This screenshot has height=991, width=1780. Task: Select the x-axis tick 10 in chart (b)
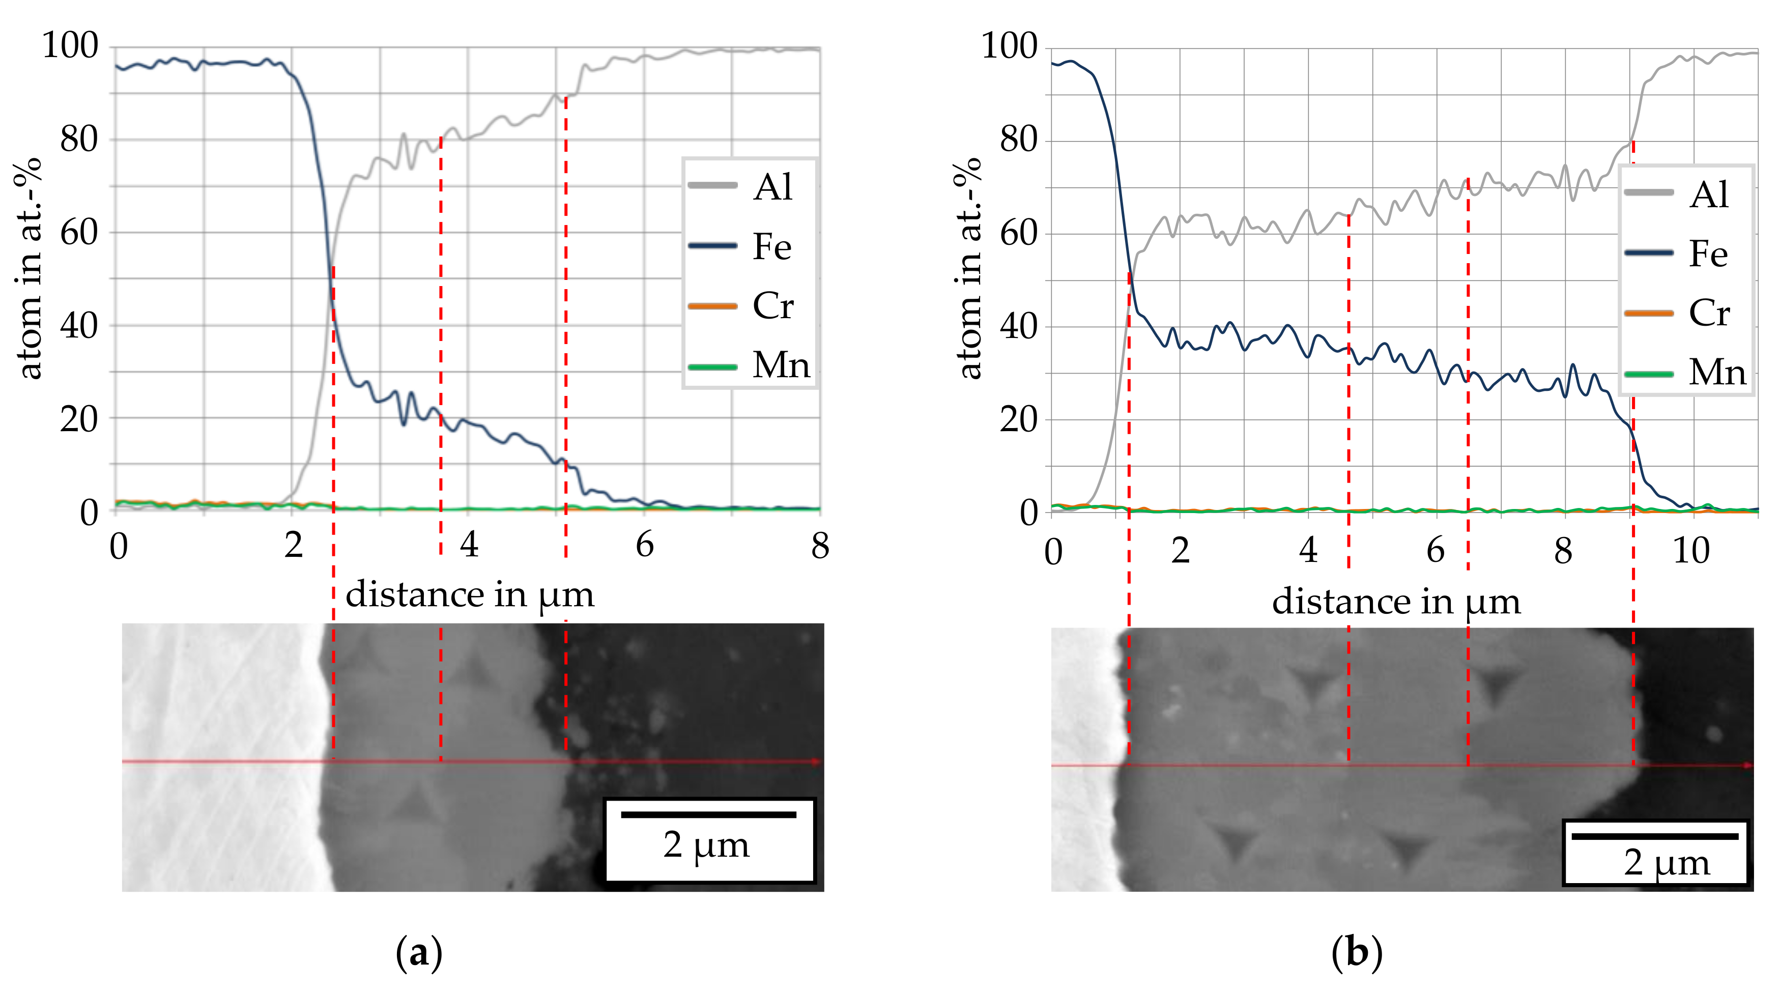(x=1691, y=551)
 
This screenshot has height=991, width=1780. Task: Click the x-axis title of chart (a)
(x=469, y=594)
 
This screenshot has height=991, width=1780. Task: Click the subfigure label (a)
(x=419, y=954)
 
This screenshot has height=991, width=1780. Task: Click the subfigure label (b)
(x=1357, y=954)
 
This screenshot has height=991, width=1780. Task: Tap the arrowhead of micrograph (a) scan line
(x=817, y=761)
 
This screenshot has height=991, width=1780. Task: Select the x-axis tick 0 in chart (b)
(x=1052, y=551)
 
